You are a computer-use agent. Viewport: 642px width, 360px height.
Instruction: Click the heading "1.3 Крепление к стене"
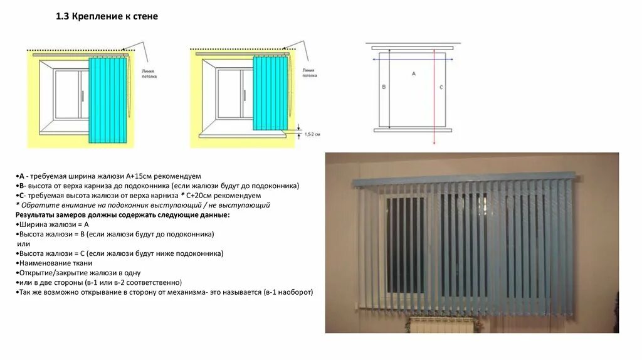pyautogui.click(x=107, y=17)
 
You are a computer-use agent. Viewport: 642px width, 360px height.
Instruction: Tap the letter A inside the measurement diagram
pyautogui.click(x=413, y=73)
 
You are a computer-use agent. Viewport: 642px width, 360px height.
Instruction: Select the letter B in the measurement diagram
pyautogui.click(x=384, y=87)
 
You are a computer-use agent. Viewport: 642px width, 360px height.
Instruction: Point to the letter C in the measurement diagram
pyautogui.click(x=441, y=87)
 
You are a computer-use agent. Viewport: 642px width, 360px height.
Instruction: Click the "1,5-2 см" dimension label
pyautogui.click(x=312, y=134)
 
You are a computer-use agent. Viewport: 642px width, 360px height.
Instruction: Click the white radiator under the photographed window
pyautogui.click(x=442, y=324)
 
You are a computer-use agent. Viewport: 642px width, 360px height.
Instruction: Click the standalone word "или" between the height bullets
pyautogui.click(x=24, y=243)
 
